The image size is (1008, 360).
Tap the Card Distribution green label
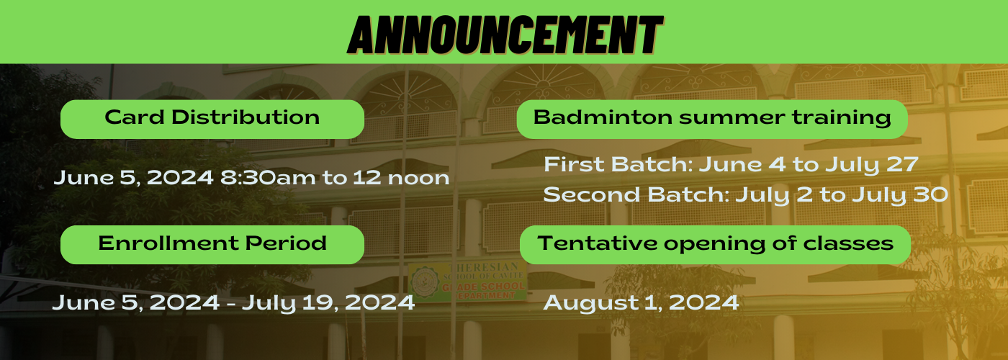point(212,119)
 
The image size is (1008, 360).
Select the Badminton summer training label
point(711,119)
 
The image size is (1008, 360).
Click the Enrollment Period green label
point(212,244)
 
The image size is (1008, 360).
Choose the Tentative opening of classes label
point(714,244)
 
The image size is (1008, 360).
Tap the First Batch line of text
point(730,165)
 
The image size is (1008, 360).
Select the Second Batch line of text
point(745,194)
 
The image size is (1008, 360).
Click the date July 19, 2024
point(328,302)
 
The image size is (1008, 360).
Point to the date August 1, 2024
point(641,302)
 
